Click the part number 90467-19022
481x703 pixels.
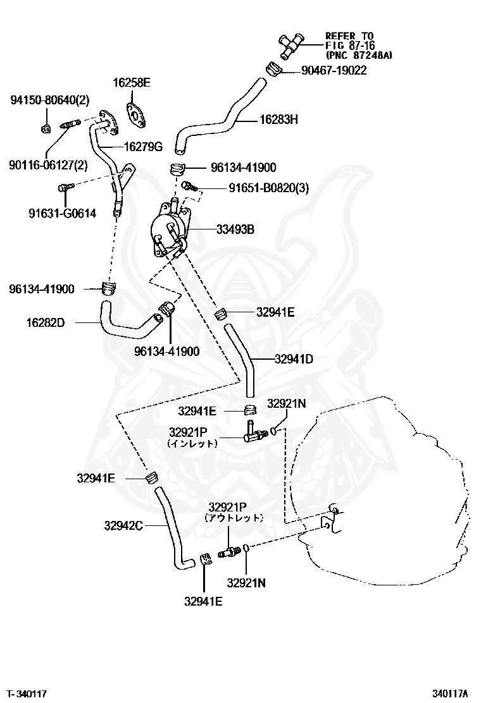[x=329, y=71]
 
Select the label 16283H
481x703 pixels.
[x=279, y=118]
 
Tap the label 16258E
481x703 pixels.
[x=132, y=82]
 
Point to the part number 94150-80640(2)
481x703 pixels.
[x=50, y=100]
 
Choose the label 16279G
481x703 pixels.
[x=143, y=147]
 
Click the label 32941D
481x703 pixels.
[x=294, y=358]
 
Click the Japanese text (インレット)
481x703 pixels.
[x=192, y=444]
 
